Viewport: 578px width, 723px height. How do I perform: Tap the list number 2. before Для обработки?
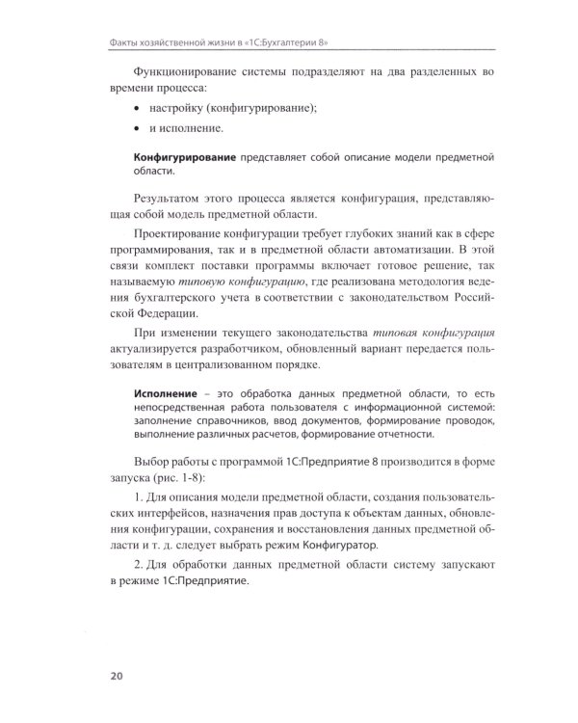click(x=141, y=565)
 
